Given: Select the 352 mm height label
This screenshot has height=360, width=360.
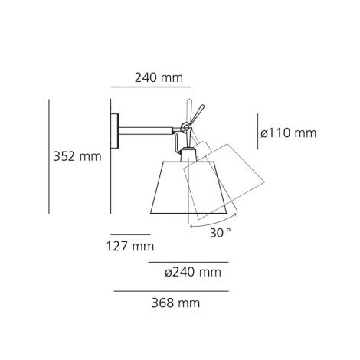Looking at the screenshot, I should (x=77, y=156).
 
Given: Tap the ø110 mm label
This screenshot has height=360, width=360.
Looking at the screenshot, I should (x=288, y=133).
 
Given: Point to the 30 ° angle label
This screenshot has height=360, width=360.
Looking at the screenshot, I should (x=220, y=232).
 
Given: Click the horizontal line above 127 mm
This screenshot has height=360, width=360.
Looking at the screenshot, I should (x=129, y=234).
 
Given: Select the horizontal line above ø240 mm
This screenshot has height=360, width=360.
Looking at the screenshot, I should (x=188, y=262).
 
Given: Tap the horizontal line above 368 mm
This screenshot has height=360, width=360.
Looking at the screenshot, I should (x=171, y=291).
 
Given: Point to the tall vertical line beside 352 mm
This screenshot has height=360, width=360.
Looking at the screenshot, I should (x=49, y=156).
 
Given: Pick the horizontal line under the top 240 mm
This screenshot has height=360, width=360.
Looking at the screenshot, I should (x=150, y=88).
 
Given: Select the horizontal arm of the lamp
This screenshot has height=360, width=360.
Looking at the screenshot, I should (x=149, y=126).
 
